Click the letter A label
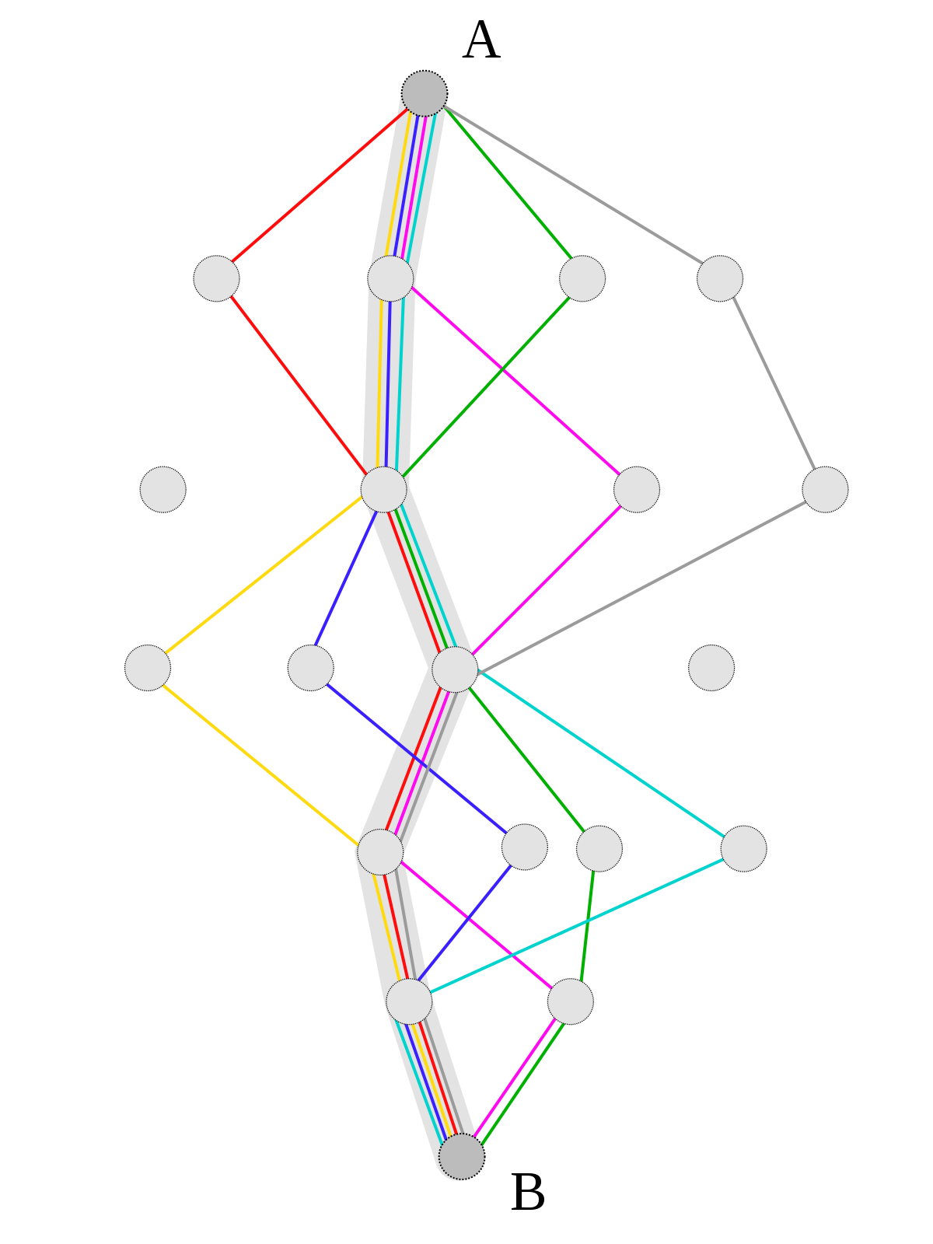[481, 40]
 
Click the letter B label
[527, 1192]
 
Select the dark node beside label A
[425, 93]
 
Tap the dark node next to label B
[462, 1156]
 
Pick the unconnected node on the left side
[163, 490]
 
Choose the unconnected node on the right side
[711, 668]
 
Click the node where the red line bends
[216, 279]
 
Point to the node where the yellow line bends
[148, 668]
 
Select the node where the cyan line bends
[744, 848]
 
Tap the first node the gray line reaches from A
[720, 279]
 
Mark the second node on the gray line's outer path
[826, 490]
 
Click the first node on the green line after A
[582, 279]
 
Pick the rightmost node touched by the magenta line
[637, 490]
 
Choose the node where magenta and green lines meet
[571, 1001]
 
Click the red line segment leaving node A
[320, 185]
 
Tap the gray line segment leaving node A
[573, 185]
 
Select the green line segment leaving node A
[508, 183]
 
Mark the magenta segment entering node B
[515, 1078]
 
